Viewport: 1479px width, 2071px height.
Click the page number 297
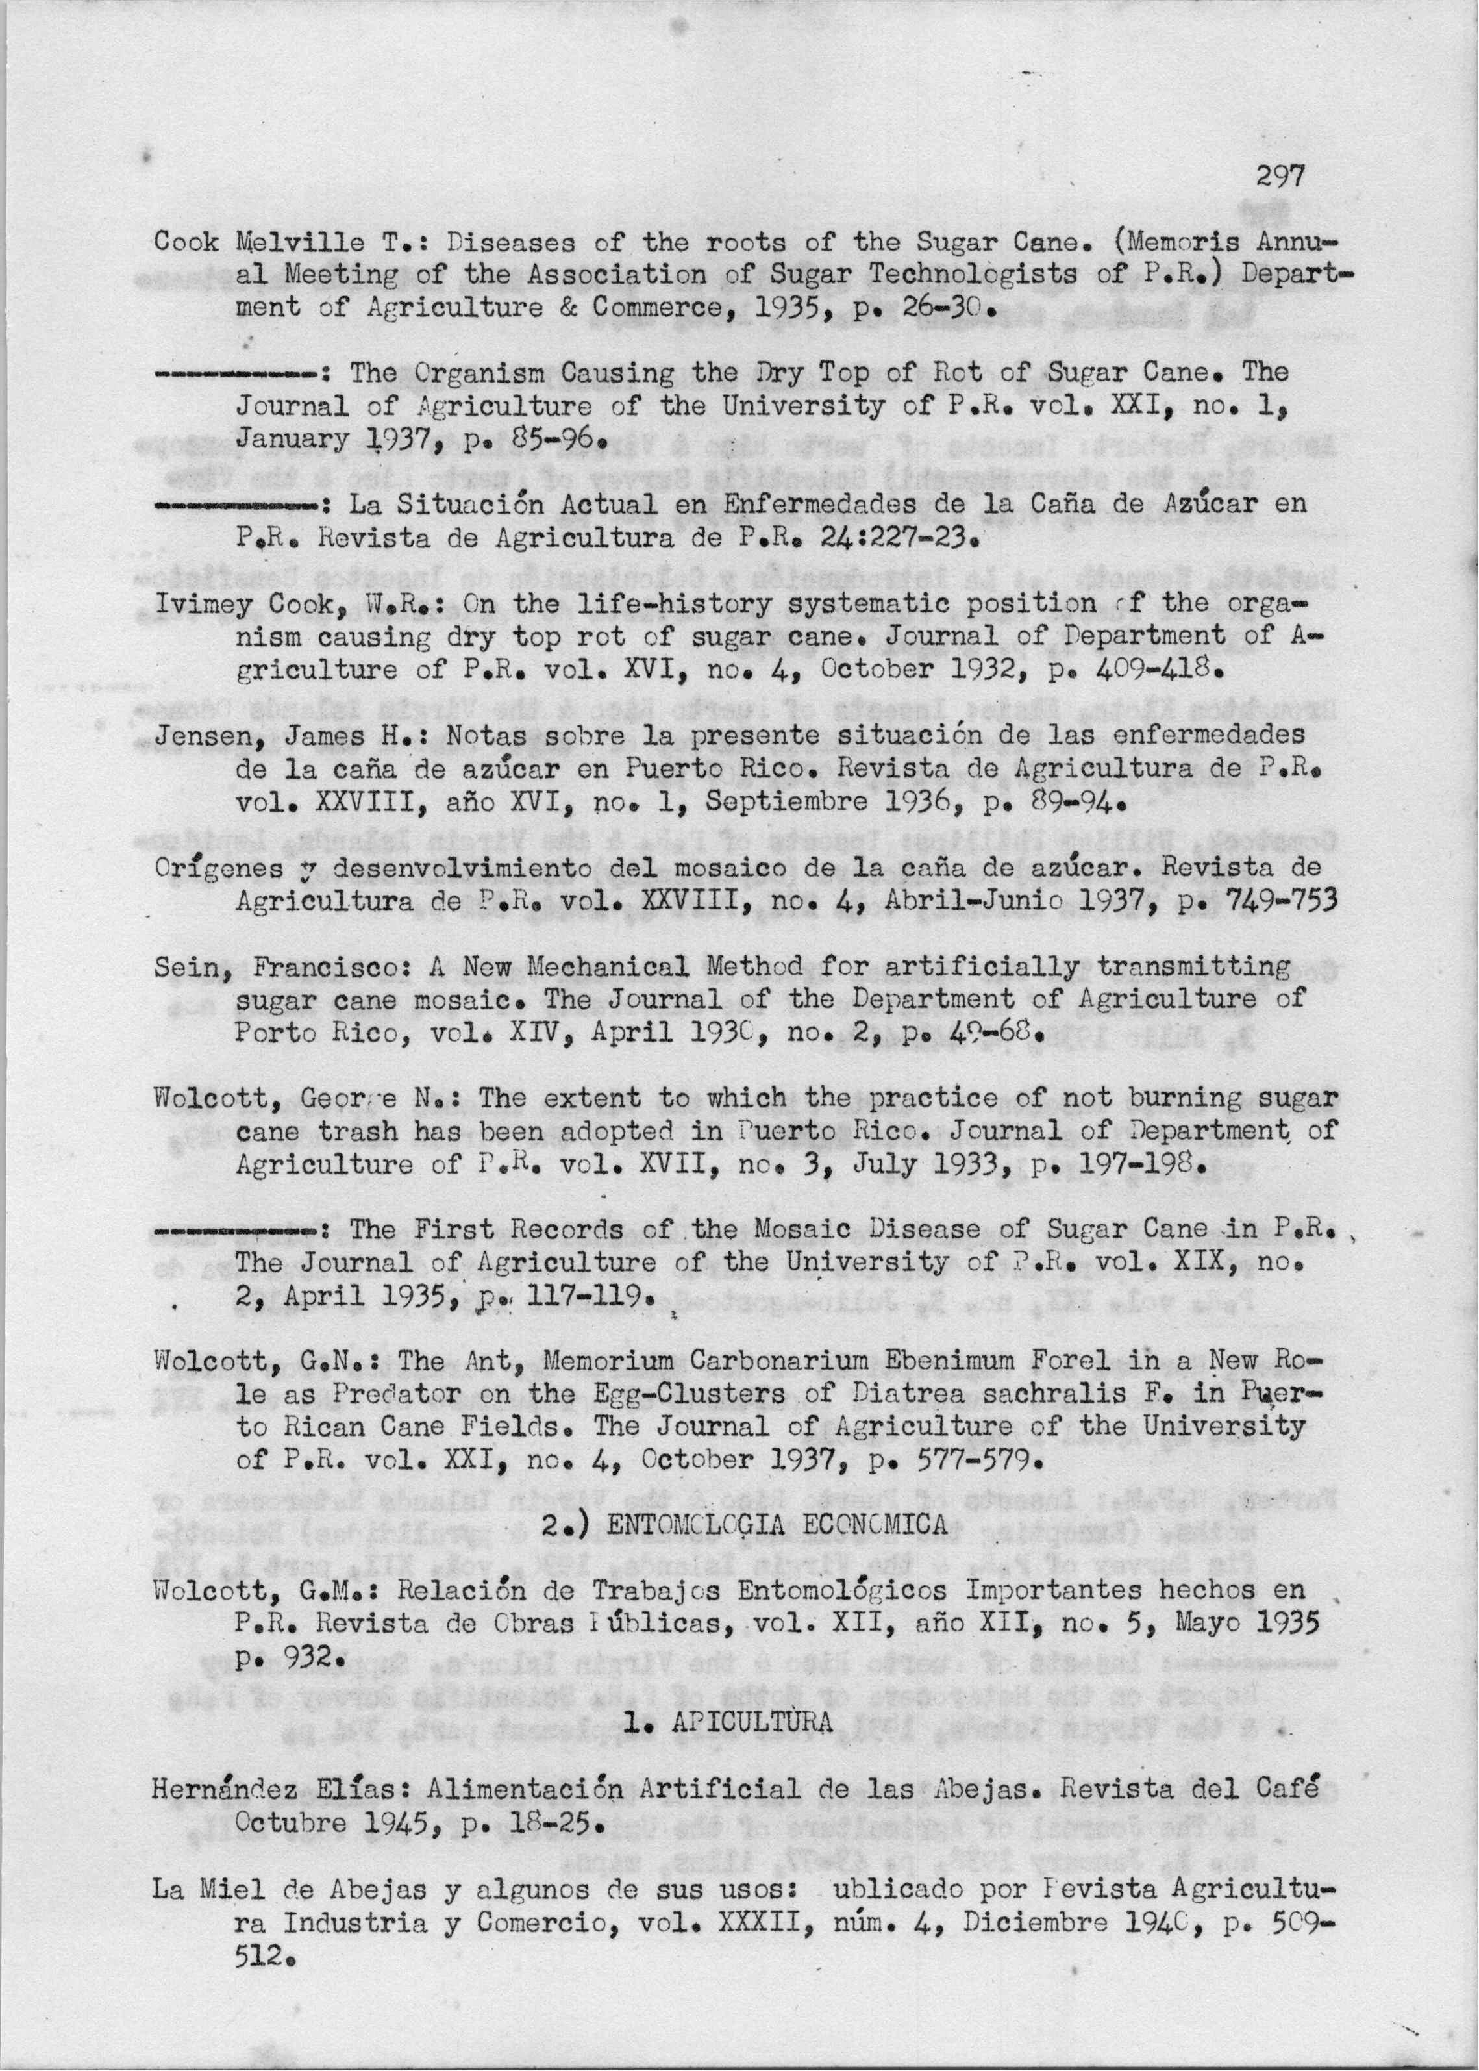click(1280, 176)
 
